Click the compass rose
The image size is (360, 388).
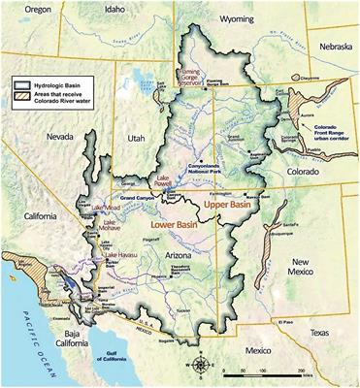(200, 367)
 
